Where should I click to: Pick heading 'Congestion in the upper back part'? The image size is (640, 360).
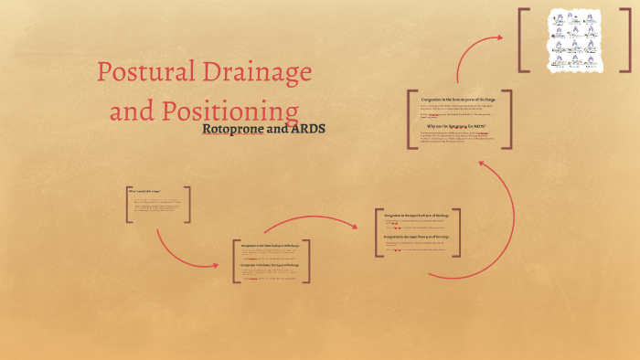416,215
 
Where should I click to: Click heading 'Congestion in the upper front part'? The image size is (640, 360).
416,237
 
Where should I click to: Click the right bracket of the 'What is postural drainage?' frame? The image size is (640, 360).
188,205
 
